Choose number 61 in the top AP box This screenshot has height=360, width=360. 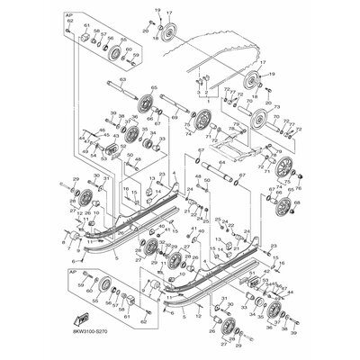tap(87, 26)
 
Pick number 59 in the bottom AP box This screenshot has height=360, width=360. tap(82, 288)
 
